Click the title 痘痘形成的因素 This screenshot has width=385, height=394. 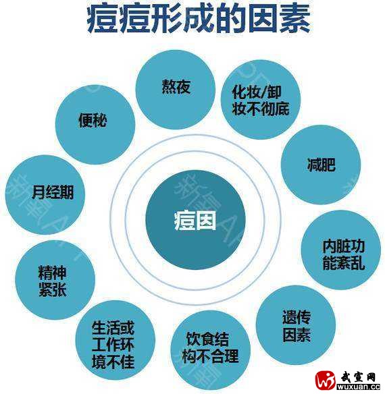tap(199, 20)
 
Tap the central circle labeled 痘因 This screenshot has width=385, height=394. tap(195, 220)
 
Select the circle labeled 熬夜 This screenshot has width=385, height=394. tap(176, 90)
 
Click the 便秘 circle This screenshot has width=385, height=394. tap(95, 125)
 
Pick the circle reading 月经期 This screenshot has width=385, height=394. tap(45, 195)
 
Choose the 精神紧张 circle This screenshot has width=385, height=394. tap(55, 280)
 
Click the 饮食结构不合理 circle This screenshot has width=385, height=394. tap(210, 350)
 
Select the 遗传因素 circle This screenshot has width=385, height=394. tap(296, 325)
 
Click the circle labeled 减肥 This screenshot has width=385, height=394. tap(321, 165)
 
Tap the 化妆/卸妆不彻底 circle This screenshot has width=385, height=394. tap(261, 99)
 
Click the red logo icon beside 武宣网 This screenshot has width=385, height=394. tap(326, 381)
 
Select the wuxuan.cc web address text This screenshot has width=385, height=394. tap(359, 387)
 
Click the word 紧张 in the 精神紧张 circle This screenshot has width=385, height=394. tap(52, 289)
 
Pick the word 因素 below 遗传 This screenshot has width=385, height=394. tap(297, 335)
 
